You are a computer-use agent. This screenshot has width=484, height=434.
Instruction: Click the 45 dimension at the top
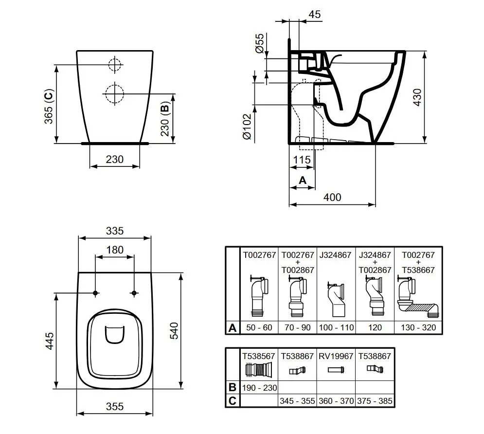(x=315, y=15)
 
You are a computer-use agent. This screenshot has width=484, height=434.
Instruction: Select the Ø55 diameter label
(x=260, y=45)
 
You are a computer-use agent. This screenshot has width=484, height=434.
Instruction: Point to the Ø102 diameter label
(x=247, y=127)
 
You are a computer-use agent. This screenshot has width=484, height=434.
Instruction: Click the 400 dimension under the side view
(x=332, y=197)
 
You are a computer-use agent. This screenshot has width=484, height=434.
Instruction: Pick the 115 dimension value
(x=302, y=160)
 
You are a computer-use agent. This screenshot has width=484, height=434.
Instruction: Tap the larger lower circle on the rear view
(x=114, y=92)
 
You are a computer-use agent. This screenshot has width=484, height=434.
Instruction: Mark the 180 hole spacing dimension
(x=115, y=250)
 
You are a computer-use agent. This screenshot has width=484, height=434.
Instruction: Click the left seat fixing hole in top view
(x=95, y=292)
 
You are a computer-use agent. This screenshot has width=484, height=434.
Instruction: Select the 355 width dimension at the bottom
(x=115, y=406)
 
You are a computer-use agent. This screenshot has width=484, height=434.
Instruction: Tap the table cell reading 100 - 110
(x=336, y=327)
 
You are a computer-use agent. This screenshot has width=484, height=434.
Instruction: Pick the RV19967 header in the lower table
(x=336, y=356)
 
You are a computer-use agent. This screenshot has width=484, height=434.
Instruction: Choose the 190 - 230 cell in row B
(x=259, y=388)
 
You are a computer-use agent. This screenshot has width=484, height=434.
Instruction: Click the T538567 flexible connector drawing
(x=259, y=372)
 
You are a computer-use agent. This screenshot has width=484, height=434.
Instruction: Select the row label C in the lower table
(x=233, y=401)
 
